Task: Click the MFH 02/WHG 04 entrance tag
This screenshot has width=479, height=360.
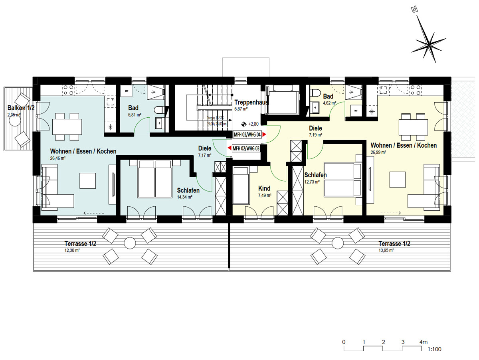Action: [x=247, y=135]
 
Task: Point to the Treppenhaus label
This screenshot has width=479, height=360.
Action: [x=251, y=102]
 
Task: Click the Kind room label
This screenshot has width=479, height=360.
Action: [x=264, y=188]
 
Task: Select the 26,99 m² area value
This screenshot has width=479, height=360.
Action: [x=378, y=152]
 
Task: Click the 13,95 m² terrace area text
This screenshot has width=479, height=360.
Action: [x=386, y=250]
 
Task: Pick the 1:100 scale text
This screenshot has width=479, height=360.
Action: [x=434, y=350]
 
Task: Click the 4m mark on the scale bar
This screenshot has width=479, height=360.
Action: [x=423, y=342]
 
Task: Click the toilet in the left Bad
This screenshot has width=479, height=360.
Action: [x=158, y=111]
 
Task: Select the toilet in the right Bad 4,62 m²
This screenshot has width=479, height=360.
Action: [x=316, y=93]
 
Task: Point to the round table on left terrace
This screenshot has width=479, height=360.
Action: [x=130, y=243]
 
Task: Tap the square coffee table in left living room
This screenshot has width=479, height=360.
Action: [x=87, y=180]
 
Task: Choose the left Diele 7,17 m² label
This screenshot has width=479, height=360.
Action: [x=205, y=148]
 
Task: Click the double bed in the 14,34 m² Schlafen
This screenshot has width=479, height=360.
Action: [x=154, y=179]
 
